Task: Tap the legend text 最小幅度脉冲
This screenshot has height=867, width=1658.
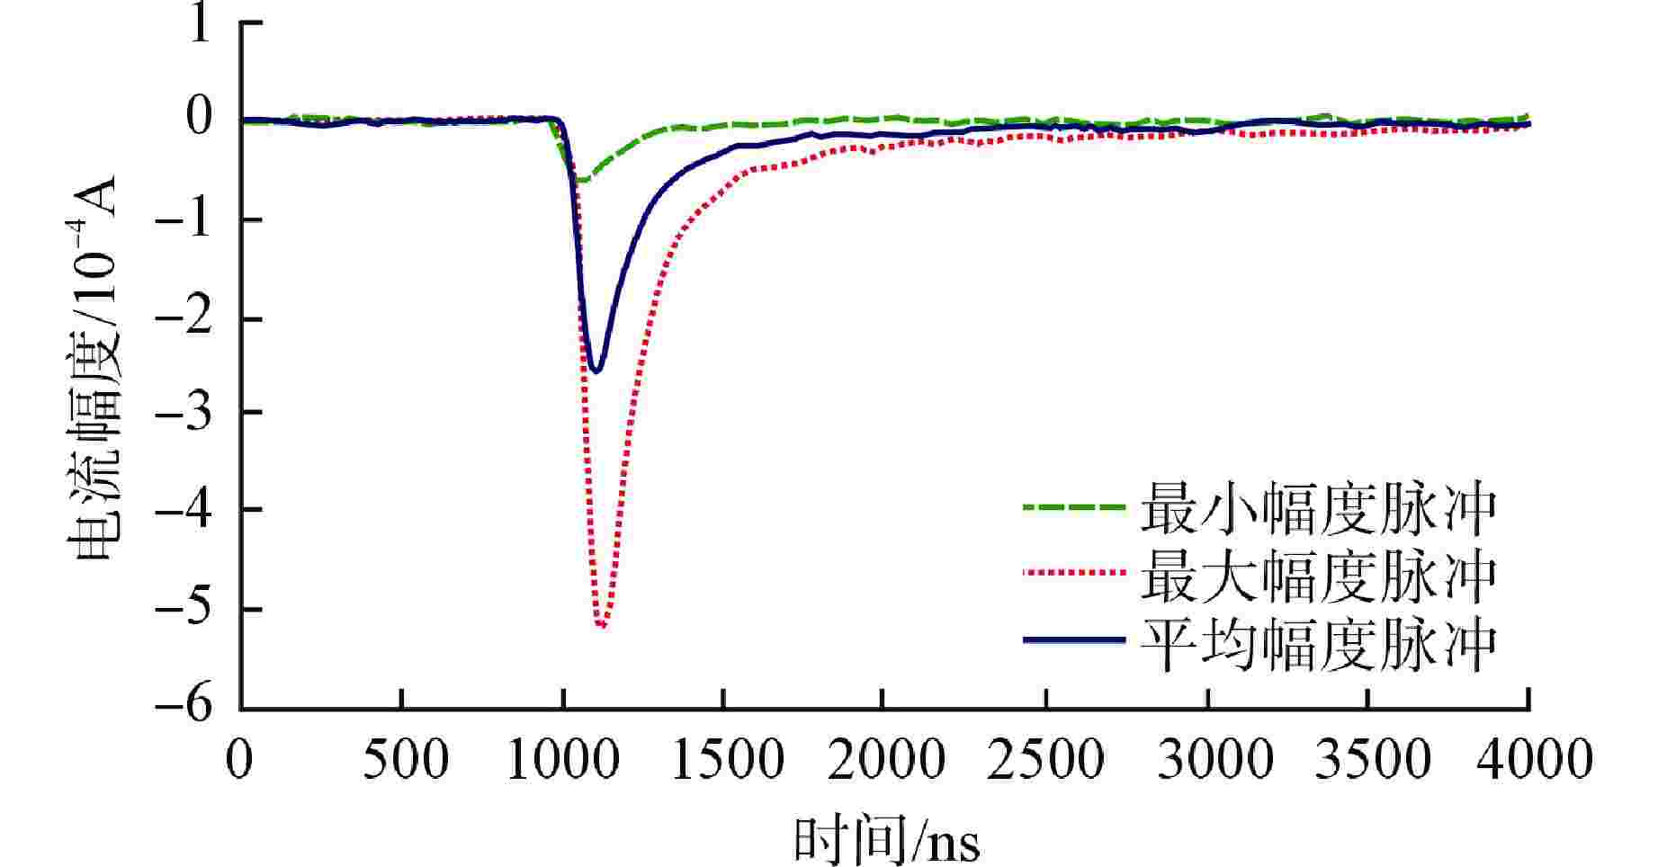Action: coord(1319,509)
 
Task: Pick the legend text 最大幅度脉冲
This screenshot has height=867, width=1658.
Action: coord(1319,576)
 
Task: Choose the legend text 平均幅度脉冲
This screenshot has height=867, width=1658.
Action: coord(1319,644)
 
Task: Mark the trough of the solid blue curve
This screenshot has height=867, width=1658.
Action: coord(595,371)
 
